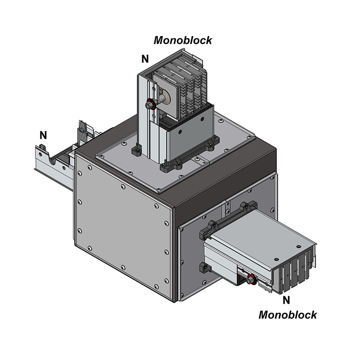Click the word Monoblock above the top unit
[183, 40]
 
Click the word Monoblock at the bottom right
[288, 315]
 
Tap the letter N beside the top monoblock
[145, 59]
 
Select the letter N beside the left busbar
[43, 135]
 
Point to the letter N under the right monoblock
[286, 300]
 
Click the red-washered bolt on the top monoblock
[150, 105]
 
